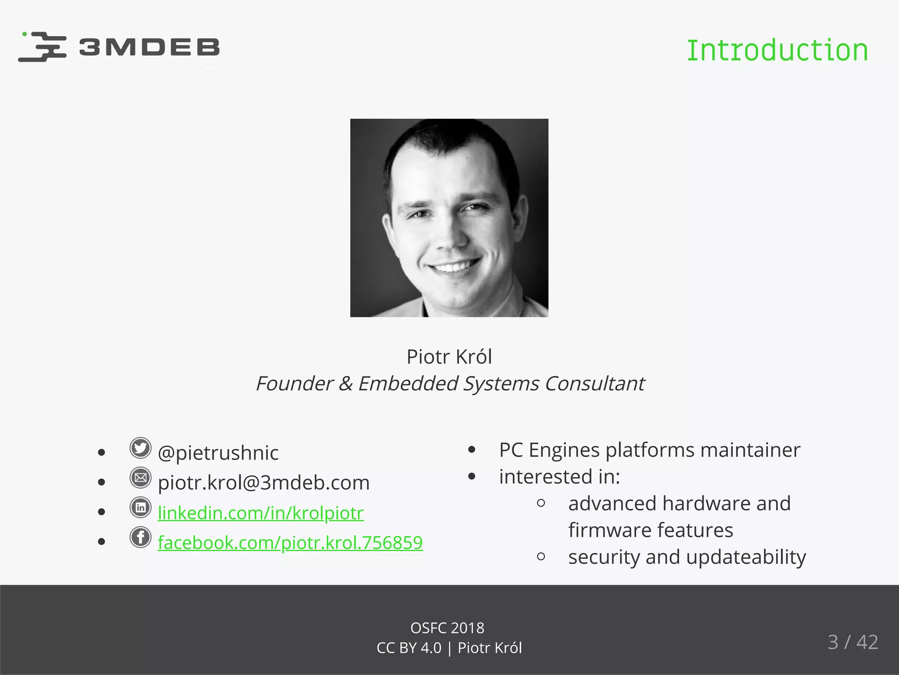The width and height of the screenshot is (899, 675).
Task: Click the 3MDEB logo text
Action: click(x=149, y=47)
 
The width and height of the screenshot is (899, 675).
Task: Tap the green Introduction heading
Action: click(x=777, y=51)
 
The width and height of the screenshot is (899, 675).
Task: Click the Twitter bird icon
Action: click(x=140, y=448)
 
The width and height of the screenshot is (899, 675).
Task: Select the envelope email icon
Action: click(x=140, y=478)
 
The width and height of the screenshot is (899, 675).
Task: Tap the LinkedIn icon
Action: click(x=140, y=508)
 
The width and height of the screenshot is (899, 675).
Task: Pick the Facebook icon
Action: click(x=140, y=537)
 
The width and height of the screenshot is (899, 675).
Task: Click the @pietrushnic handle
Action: click(x=218, y=453)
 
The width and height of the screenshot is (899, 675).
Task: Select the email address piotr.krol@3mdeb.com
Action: click(x=263, y=483)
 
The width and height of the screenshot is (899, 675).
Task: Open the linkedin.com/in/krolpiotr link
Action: click(x=261, y=513)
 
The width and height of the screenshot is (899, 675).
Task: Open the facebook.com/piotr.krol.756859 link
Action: click(x=290, y=543)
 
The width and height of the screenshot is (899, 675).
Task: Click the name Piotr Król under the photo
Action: click(x=449, y=356)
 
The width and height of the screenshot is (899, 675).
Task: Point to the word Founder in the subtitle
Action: click(x=295, y=384)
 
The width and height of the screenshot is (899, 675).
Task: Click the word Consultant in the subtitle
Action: click(x=594, y=384)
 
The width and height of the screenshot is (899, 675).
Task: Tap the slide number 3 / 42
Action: click(x=852, y=642)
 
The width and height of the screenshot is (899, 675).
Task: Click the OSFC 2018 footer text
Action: click(x=447, y=628)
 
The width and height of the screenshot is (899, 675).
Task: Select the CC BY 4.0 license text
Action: click(x=409, y=648)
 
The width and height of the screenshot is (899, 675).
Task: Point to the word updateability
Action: click(x=746, y=557)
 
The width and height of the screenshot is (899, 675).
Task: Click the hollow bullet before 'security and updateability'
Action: click(x=541, y=557)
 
